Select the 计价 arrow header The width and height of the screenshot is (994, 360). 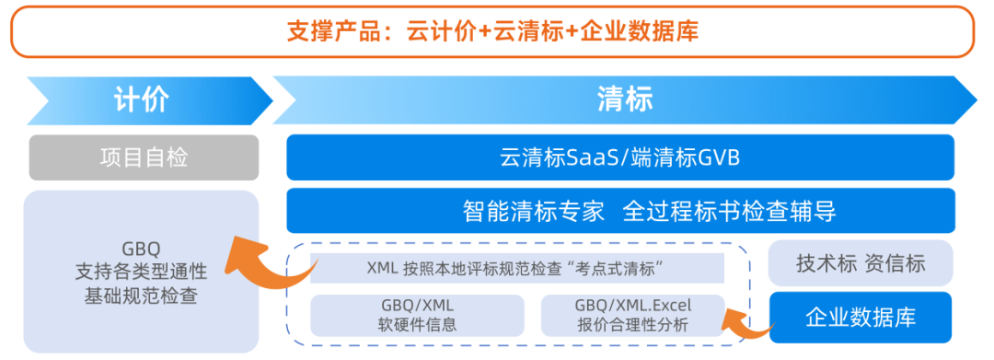pyautogui.click(x=142, y=99)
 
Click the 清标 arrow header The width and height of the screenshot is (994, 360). pyautogui.click(x=624, y=99)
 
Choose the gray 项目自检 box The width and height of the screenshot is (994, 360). pyautogui.click(x=144, y=157)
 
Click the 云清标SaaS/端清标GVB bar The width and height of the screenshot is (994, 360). pyautogui.click(x=619, y=157)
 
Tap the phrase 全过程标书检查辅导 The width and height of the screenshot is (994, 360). pyautogui.click(x=729, y=211)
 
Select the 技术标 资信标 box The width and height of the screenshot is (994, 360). pyautogui.click(x=861, y=263)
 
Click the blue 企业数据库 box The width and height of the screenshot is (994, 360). pyautogui.click(x=861, y=317)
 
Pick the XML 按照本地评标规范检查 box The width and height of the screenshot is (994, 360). pyautogui.click(x=516, y=268)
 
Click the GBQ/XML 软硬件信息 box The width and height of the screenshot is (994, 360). pyautogui.click(x=417, y=315)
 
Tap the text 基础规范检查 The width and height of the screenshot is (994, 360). pyautogui.click(x=143, y=296)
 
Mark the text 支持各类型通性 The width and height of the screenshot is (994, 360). pyautogui.click(x=142, y=273)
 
